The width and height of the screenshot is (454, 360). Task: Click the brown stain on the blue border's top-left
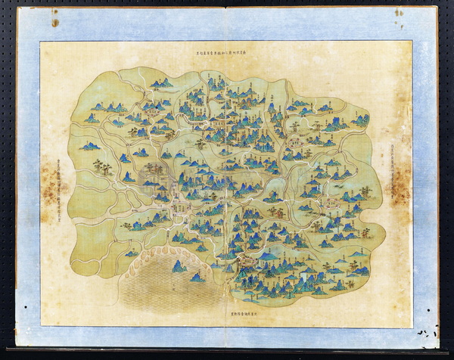(54, 22)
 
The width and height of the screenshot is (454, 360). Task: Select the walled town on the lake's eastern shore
(244, 262)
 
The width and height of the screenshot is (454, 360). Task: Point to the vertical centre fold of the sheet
(227, 182)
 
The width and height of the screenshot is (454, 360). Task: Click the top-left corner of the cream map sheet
(41, 42)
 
